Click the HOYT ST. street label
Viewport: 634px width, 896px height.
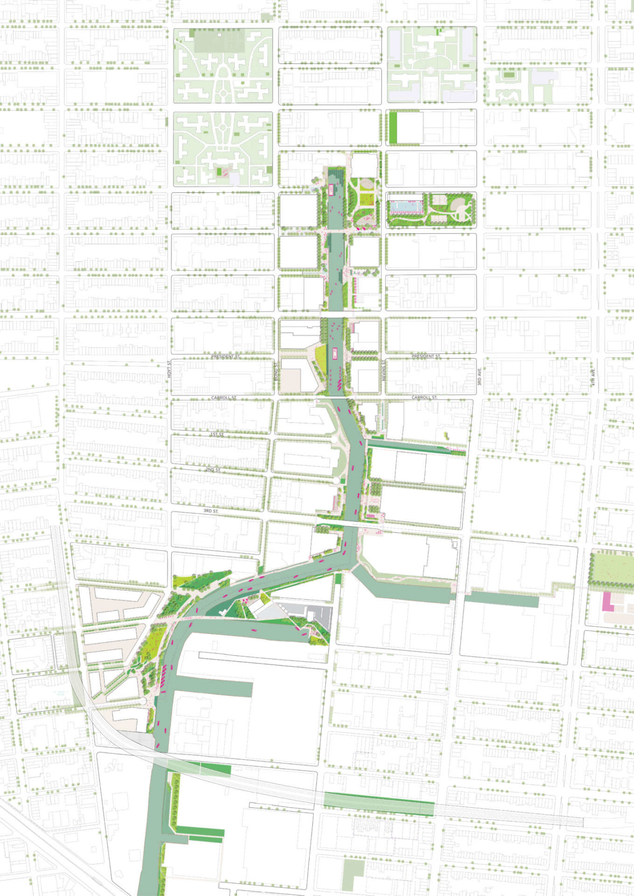(x=170, y=369)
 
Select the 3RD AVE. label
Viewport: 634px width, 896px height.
(x=480, y=376)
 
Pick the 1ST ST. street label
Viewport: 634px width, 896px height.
(x=217, y=435)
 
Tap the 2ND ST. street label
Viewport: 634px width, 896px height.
(x=213, y=469)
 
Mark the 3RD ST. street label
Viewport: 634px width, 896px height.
(x=211, y=511)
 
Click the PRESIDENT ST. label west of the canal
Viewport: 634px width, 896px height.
(x=226, y=356)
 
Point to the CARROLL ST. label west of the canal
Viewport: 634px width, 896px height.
(x=224, y=398)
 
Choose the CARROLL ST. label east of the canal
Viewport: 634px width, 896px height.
(x=424, y=397)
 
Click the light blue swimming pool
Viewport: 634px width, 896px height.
(x=406, y=205)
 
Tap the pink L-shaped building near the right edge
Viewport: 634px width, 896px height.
(x=608, y=602)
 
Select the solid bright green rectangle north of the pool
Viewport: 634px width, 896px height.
(x=393, y=127)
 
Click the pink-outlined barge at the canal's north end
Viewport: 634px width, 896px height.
(x=331, y=190)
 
